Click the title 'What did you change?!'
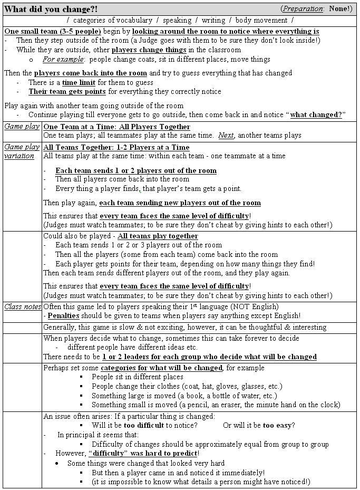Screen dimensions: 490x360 (51, 9)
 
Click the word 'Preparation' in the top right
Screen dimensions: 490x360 (305, 9)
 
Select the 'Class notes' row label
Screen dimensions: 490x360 (22, 306)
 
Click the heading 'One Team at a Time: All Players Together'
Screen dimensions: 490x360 (116, 127)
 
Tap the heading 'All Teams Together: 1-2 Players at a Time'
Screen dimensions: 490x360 (116, 147)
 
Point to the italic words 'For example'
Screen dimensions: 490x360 (63, 60)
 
